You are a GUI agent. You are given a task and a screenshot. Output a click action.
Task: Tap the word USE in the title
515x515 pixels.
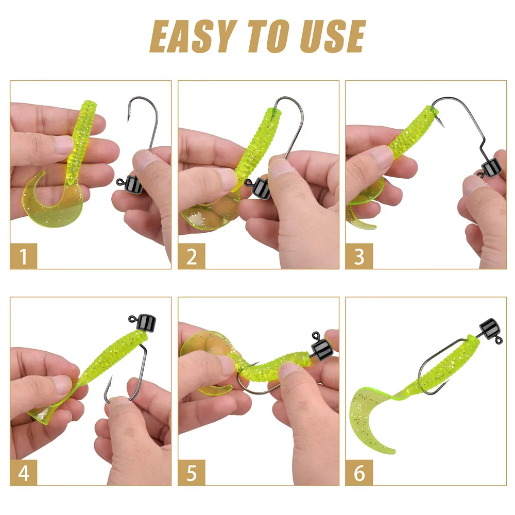click(x=333, y=36)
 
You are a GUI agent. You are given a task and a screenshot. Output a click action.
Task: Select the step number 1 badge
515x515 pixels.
click(x=24, y=256)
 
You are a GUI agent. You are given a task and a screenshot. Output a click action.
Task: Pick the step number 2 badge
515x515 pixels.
click(x=192, y=256)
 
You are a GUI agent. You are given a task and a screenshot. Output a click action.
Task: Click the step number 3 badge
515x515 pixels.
click(x=359, y=256)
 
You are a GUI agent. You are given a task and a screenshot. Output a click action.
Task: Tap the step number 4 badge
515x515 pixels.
click(x=24, y=473)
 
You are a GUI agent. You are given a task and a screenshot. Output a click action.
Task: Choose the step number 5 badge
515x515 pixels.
click(x=192, y=473)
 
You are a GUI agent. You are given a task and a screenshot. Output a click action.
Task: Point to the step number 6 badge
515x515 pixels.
click(x=359, y=473)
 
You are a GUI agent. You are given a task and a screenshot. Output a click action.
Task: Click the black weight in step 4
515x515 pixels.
click(x=146, y=322)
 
